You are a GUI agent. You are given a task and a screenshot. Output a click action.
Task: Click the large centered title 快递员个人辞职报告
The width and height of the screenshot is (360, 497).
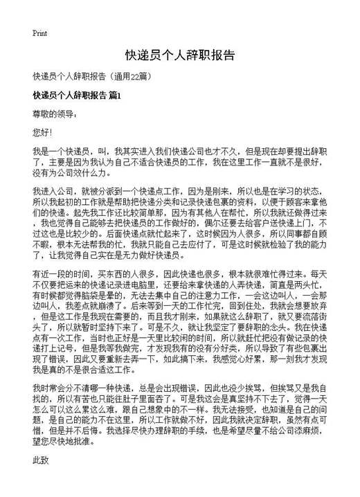point(179,55)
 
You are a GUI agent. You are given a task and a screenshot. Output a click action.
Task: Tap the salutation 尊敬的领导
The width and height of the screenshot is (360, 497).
point(52,112)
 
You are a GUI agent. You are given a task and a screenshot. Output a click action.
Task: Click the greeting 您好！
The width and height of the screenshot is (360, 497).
point(42,131)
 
